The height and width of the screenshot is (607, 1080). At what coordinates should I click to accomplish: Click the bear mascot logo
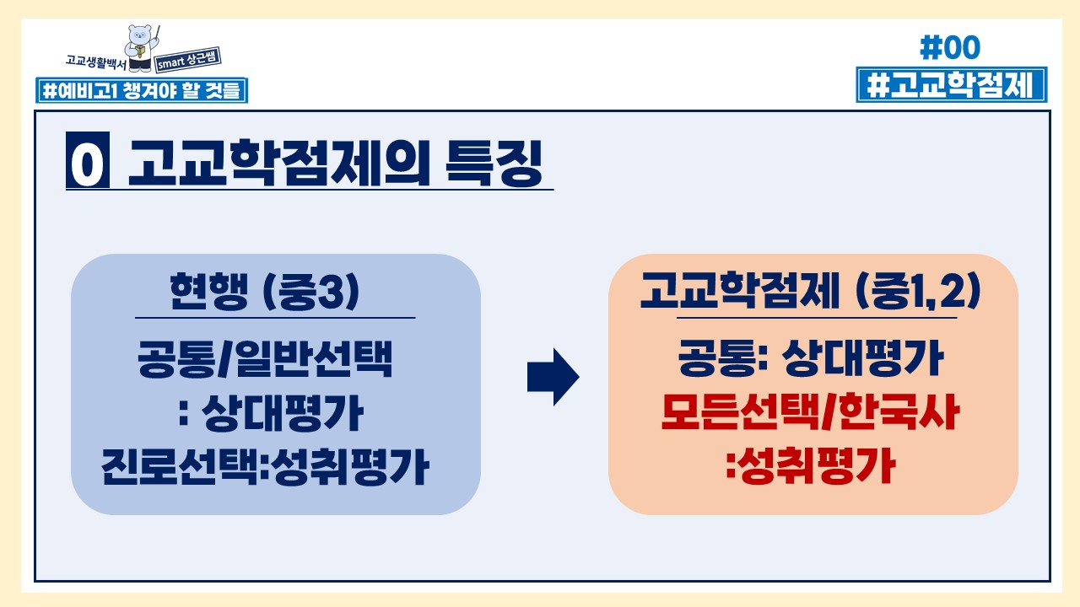tap(141, 48)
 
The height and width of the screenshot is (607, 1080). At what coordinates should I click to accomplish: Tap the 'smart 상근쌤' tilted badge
tap(188, 60)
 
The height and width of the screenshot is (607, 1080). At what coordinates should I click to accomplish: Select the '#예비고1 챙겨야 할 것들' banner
tap(142, 90)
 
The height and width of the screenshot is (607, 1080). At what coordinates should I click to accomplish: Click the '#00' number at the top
tap(950, 47)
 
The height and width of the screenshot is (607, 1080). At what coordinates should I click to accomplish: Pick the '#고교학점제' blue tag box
tap(951, 85)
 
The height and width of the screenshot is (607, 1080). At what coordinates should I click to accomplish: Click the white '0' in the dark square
tap(87, 159)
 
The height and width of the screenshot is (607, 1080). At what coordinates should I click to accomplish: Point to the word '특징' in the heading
tap(494, 163)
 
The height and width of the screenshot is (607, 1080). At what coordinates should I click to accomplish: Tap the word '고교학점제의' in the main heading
tap(278, 163)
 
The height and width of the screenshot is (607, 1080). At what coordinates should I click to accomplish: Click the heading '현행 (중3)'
tap(264, 291)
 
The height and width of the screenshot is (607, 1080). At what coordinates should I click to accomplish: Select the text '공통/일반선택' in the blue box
tap(265, 359)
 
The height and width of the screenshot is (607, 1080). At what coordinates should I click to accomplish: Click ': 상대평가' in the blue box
tap(271, 413)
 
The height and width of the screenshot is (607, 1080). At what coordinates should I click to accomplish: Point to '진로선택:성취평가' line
tap(265, 466)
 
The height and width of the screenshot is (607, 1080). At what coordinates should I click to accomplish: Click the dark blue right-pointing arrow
tap(553, 377)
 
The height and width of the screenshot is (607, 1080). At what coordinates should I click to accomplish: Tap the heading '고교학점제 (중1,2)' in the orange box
tap(811, 291)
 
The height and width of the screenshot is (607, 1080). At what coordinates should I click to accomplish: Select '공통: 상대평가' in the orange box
tap(811, 358)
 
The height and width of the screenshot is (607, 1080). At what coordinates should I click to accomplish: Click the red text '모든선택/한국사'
tap(811, 412)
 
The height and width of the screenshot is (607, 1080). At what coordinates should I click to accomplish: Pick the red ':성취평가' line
tap(811, 465)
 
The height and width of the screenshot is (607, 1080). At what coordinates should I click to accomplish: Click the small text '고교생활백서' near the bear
tap(96, 62)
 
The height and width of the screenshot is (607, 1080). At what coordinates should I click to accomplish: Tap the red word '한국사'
tap(899, 412)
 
